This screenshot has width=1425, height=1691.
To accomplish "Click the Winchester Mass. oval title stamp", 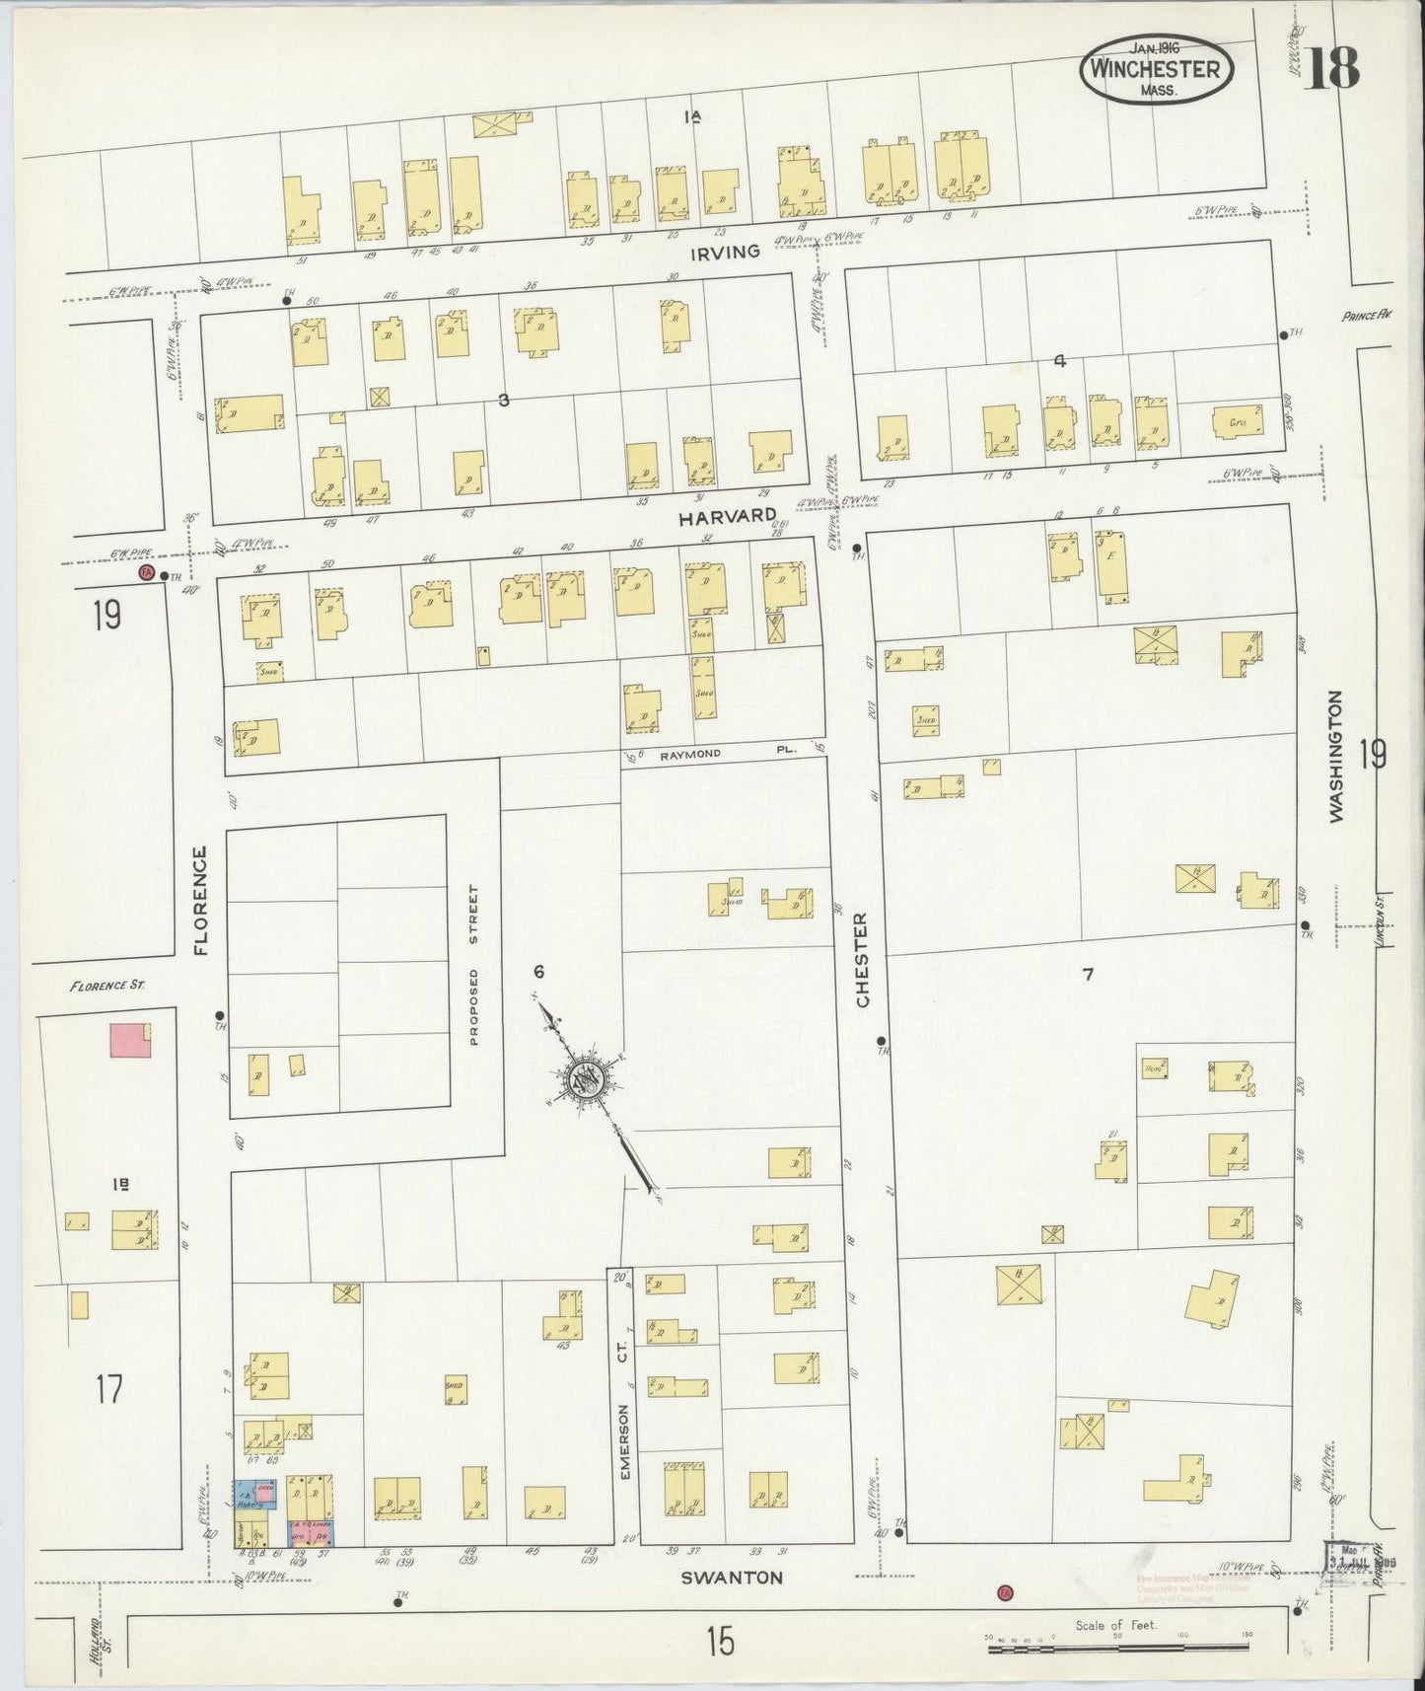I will click(1157, 68).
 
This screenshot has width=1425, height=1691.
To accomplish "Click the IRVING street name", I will click(732, 251).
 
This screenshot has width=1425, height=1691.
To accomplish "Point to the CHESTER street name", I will click(862, 960).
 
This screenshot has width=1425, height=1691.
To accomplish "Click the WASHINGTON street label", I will click(1336, 756).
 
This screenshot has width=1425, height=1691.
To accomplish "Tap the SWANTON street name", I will click(732, 1578).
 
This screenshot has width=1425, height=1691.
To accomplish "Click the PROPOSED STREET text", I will click(473, 964).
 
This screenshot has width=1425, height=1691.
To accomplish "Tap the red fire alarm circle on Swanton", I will click(1005, 1592).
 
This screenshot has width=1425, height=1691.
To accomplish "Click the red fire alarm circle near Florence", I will click(146, 573).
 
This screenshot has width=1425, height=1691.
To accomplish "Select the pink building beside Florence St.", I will click(129, 1040).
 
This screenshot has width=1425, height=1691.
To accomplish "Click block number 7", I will click(1088, 975).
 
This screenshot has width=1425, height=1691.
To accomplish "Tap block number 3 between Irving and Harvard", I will click(503, 401).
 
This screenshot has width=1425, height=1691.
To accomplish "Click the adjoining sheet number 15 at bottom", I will click(720, 1643).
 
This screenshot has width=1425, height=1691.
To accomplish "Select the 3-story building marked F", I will click(1112, 564).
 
